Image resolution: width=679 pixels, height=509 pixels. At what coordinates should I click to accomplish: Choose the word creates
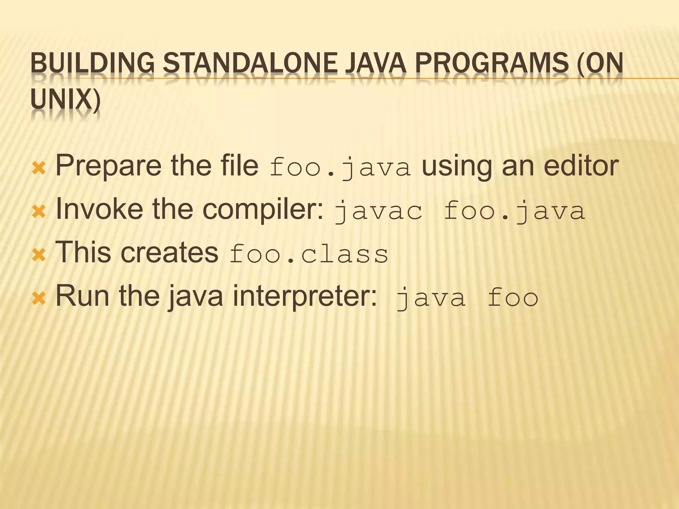tap(169, 253)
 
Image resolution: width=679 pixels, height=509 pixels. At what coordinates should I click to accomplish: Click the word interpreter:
tap(305, 296)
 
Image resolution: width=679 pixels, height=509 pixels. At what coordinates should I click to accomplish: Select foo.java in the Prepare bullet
tap(340, 168)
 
